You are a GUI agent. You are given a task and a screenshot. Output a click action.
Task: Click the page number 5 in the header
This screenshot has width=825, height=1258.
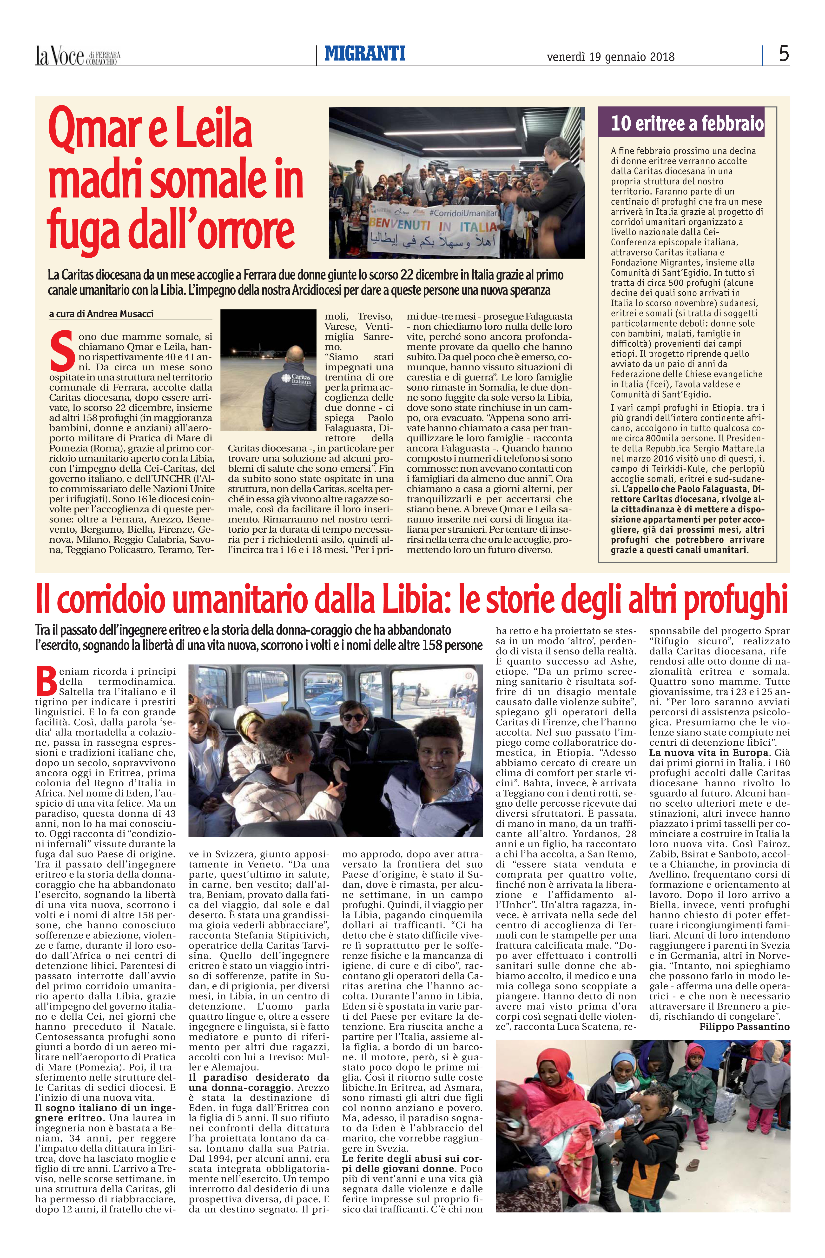point(784,54)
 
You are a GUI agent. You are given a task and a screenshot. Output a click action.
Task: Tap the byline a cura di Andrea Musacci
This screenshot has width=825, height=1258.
point(101,314)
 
